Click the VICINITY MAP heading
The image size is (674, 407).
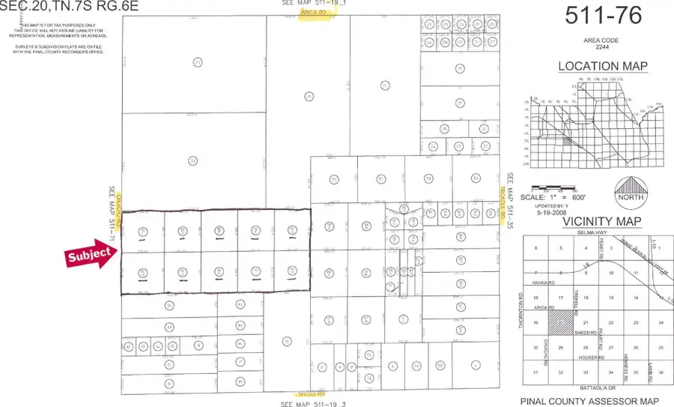(x=597, y=221)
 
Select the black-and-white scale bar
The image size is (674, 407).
(x=553, y=187)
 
